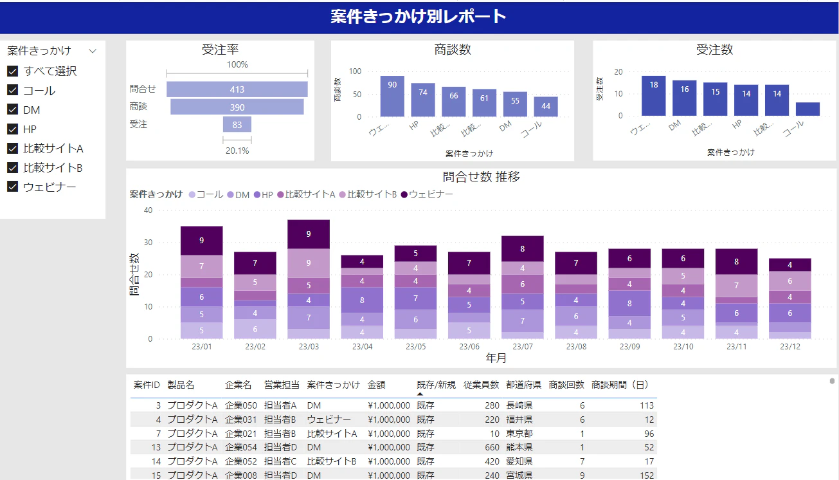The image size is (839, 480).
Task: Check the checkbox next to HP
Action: (x=12, y=129)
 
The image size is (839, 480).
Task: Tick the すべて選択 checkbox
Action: (x=12, y=71)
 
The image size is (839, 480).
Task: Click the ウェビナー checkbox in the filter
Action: (x=12, y=187)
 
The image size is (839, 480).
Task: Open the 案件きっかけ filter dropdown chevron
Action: (x=93, y=51)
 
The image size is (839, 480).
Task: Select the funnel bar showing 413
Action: (x=237, y=89)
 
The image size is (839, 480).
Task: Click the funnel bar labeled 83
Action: (x=237, y=124)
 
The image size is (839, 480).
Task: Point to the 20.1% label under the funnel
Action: (x=237, y=151)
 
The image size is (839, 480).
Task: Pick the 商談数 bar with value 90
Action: (x=392, y=97)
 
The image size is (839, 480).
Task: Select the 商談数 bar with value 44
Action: (x=546, y=107)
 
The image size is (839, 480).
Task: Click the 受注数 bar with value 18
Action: (x=654, y=96)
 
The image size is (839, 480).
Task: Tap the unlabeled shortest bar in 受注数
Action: (x=807, y=109)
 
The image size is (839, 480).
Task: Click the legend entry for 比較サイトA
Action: (x=306, y=194)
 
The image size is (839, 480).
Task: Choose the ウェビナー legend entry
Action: (x=427, y=194)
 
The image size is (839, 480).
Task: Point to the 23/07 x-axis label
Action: (x=523, y=347)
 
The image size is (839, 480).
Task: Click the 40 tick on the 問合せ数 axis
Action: (x=149, y=210)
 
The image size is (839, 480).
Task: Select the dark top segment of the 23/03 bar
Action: (x=309, y=234)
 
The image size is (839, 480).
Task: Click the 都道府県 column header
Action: (x=523, y=385)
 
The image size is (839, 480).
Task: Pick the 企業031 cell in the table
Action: (x=241, y=420)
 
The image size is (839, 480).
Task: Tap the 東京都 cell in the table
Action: (x=519, y=434)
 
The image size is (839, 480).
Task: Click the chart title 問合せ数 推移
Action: (x=482, y=177)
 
